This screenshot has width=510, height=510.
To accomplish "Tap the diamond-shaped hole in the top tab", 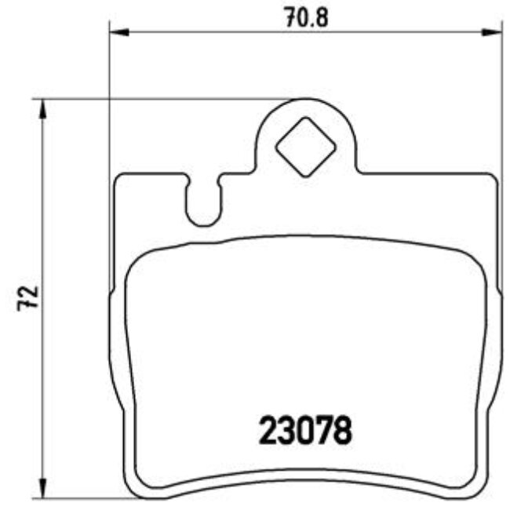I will click(306, 147).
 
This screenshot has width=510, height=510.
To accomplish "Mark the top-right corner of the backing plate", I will click(494, 177).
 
